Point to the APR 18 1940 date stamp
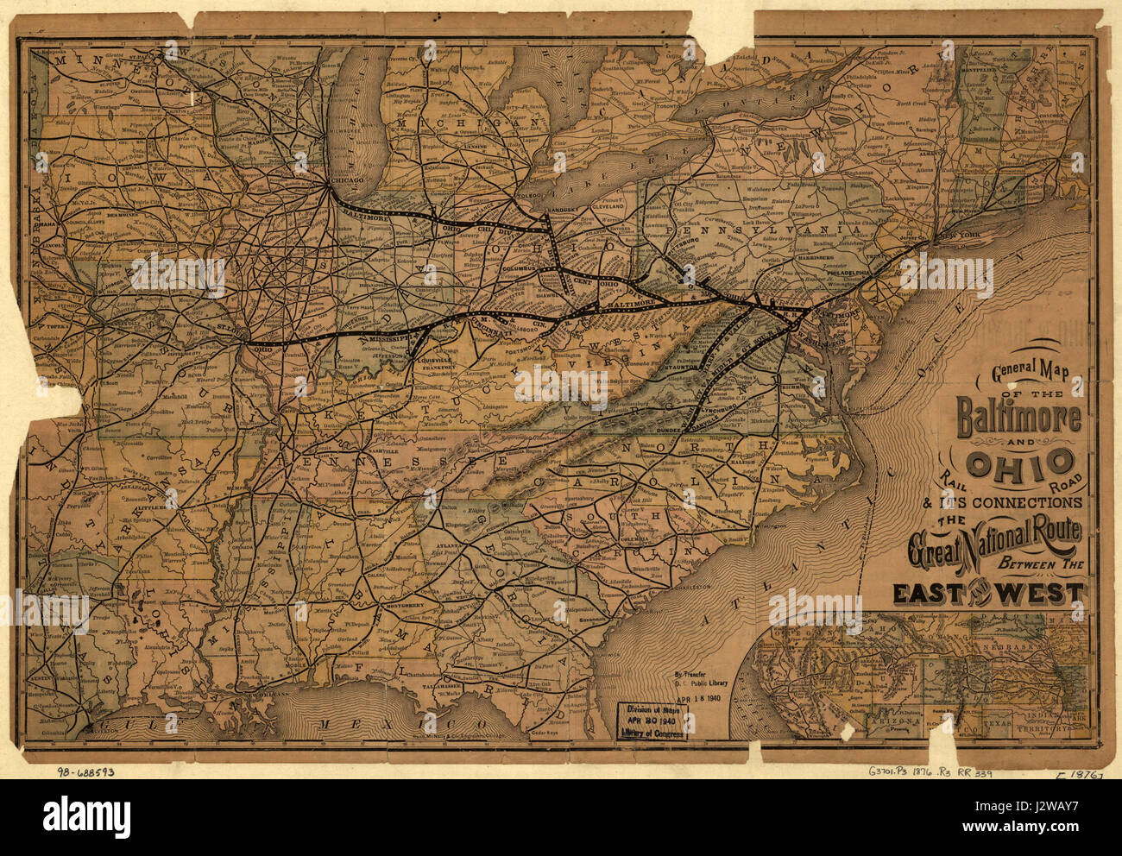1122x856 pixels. [x=699, y=701]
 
